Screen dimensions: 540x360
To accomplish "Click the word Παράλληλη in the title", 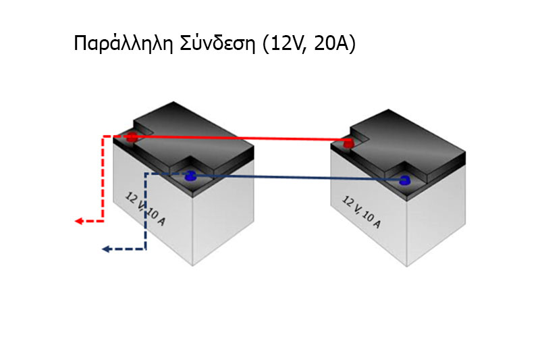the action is tap(123, 43).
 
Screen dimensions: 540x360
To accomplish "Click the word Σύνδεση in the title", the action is tap(217, 43).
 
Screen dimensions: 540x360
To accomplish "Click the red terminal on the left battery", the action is tap(132, 136).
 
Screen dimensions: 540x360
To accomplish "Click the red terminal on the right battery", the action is tap(348, 143).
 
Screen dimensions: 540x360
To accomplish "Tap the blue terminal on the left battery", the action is tap(190, 176).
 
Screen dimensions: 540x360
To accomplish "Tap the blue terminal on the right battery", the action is tap(405, 180).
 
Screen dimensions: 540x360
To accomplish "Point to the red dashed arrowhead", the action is tap(79, 221).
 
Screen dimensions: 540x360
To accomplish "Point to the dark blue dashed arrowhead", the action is tap(106, 249).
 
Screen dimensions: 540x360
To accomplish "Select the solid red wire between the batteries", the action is tap(240, 138).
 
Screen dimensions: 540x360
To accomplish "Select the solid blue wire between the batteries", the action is tap(298, 178).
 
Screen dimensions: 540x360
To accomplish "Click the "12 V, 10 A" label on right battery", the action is tap(362, 212).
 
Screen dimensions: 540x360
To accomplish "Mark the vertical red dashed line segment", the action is tap(103, 179).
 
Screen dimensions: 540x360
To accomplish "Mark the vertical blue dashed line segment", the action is tap(146, 211).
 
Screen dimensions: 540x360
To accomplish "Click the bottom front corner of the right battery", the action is tap(407, 267).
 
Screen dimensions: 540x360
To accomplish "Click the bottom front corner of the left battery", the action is tap(192, 265).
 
